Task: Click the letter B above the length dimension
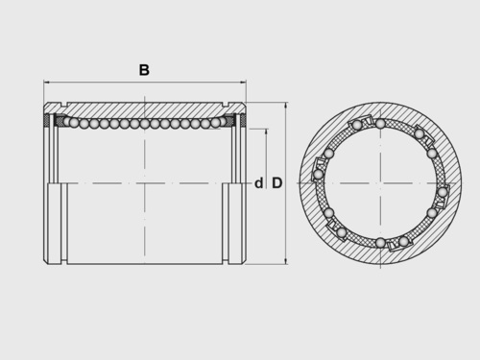click(x=144, y=70)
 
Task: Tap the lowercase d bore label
click(x=258, y=183)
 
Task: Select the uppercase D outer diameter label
click(x=277, y=183)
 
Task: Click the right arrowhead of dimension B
click(x=243, y=83)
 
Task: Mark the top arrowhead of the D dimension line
click(x=286, y=106)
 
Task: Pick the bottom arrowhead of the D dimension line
click(x=286, y=261)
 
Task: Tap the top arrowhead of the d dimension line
click(x=267, y=132)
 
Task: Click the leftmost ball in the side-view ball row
click(x=69, y=121)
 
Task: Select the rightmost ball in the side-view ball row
click(x=216, y=122)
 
